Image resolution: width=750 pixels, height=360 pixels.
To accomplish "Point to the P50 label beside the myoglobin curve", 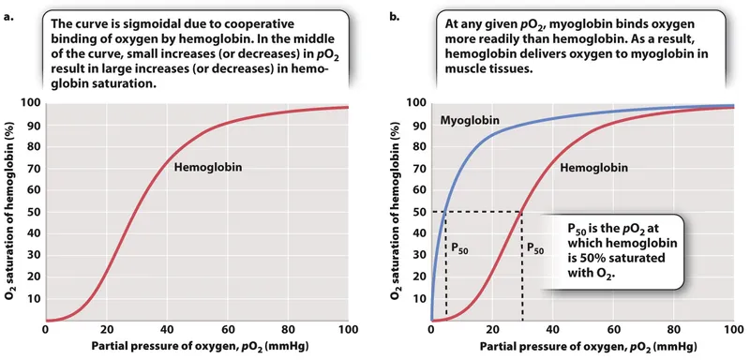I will tap(462, 250).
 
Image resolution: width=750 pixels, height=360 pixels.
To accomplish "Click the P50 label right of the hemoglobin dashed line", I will tap(534, 250).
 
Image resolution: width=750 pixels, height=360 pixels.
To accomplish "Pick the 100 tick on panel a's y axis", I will tap(28, 102).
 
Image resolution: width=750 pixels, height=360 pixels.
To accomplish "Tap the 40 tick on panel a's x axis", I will tap(166, 330).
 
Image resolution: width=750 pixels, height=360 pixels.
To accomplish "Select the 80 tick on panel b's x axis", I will tap(671, 330).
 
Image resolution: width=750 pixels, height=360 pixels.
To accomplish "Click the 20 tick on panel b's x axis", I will tap(490, 330).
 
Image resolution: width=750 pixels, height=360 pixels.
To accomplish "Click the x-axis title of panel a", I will tap(195, 348).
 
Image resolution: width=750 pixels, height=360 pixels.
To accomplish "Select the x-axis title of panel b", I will tap(581, 348).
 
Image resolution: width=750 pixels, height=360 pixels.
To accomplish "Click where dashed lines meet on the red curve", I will tap(521, 212).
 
